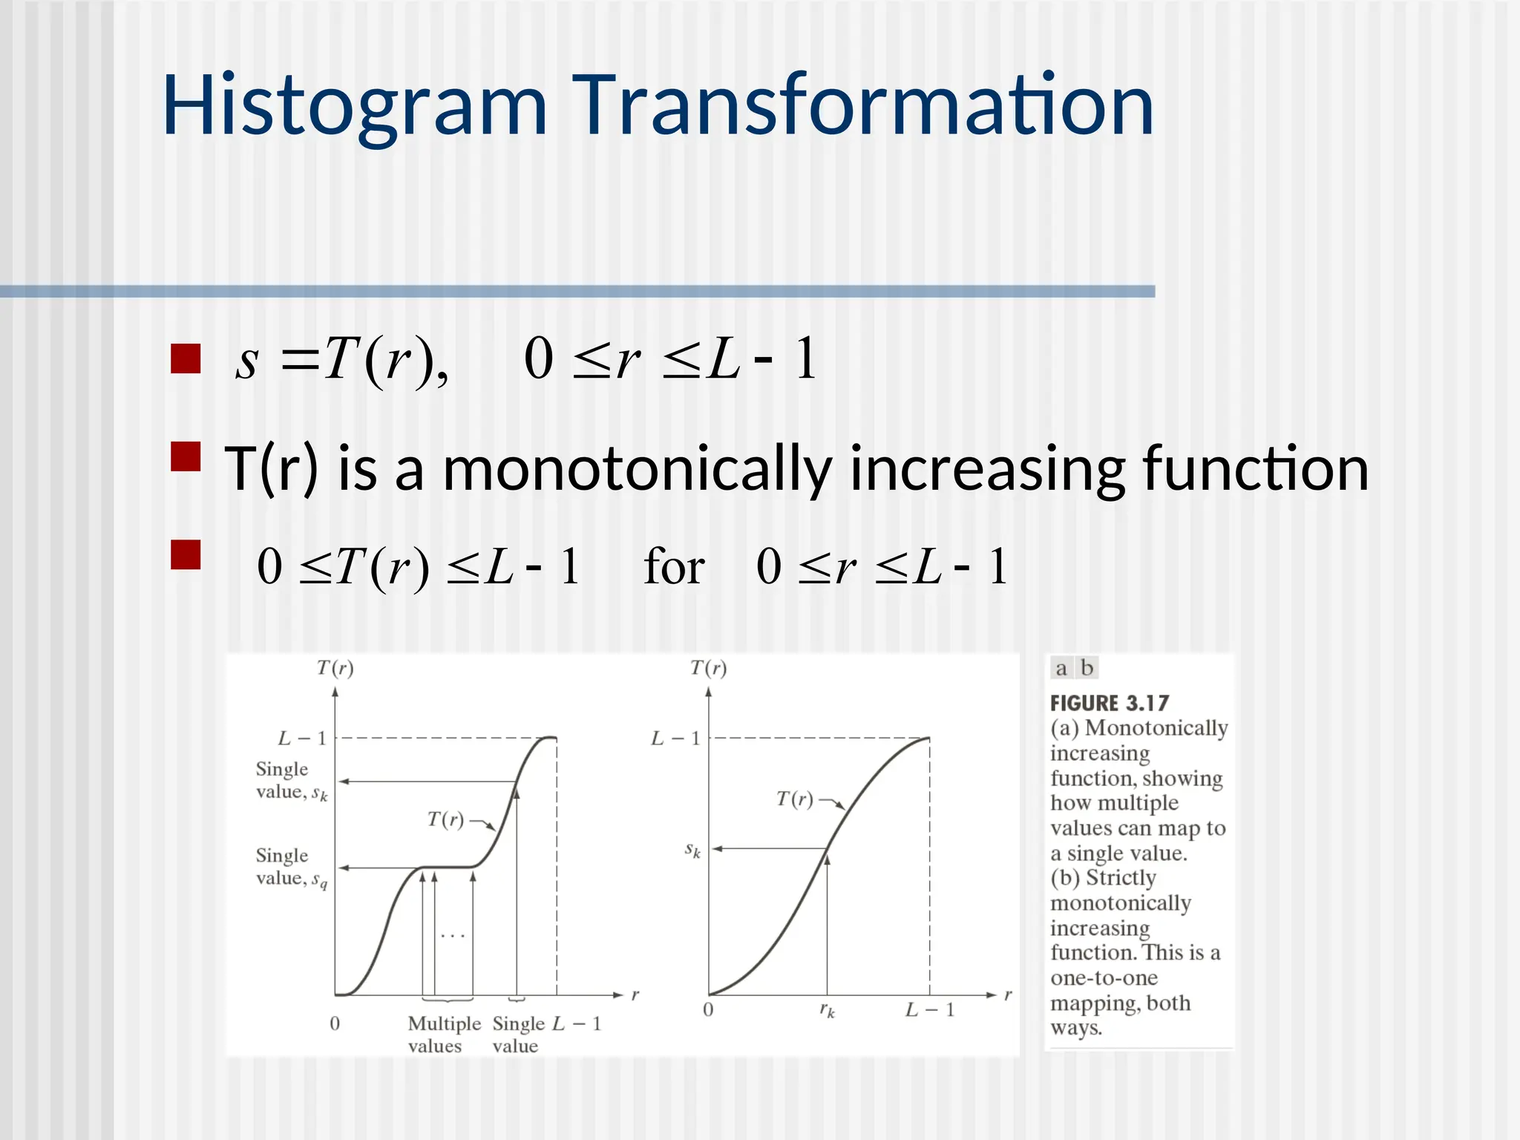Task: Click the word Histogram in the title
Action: tap(355, 106)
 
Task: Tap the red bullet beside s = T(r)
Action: tap(186, 358)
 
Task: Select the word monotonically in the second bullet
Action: tap(637, 469)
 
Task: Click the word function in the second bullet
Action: tap(1255, 469)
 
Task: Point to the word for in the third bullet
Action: tap(673, 567)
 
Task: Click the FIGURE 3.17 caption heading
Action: tap(1109, 703)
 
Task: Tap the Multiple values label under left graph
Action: tap(444, 1034)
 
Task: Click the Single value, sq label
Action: tap(291, 867)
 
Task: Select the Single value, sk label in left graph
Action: tap(291, 781)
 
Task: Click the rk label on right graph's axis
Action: tap(827, 1010)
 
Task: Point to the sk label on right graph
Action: tap(692, 850)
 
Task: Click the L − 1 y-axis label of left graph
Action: tap(302, 738)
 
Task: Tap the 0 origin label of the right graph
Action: tap(708, 1009)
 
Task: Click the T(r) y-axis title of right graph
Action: tap(708, 668)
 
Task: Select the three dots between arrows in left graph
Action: tap(452, 936)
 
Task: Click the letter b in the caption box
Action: tap(1087, 668)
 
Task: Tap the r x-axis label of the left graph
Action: tap(635, 995)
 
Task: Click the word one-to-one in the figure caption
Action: tap(1104, 978)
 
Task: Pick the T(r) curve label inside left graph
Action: tap(445, 819)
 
